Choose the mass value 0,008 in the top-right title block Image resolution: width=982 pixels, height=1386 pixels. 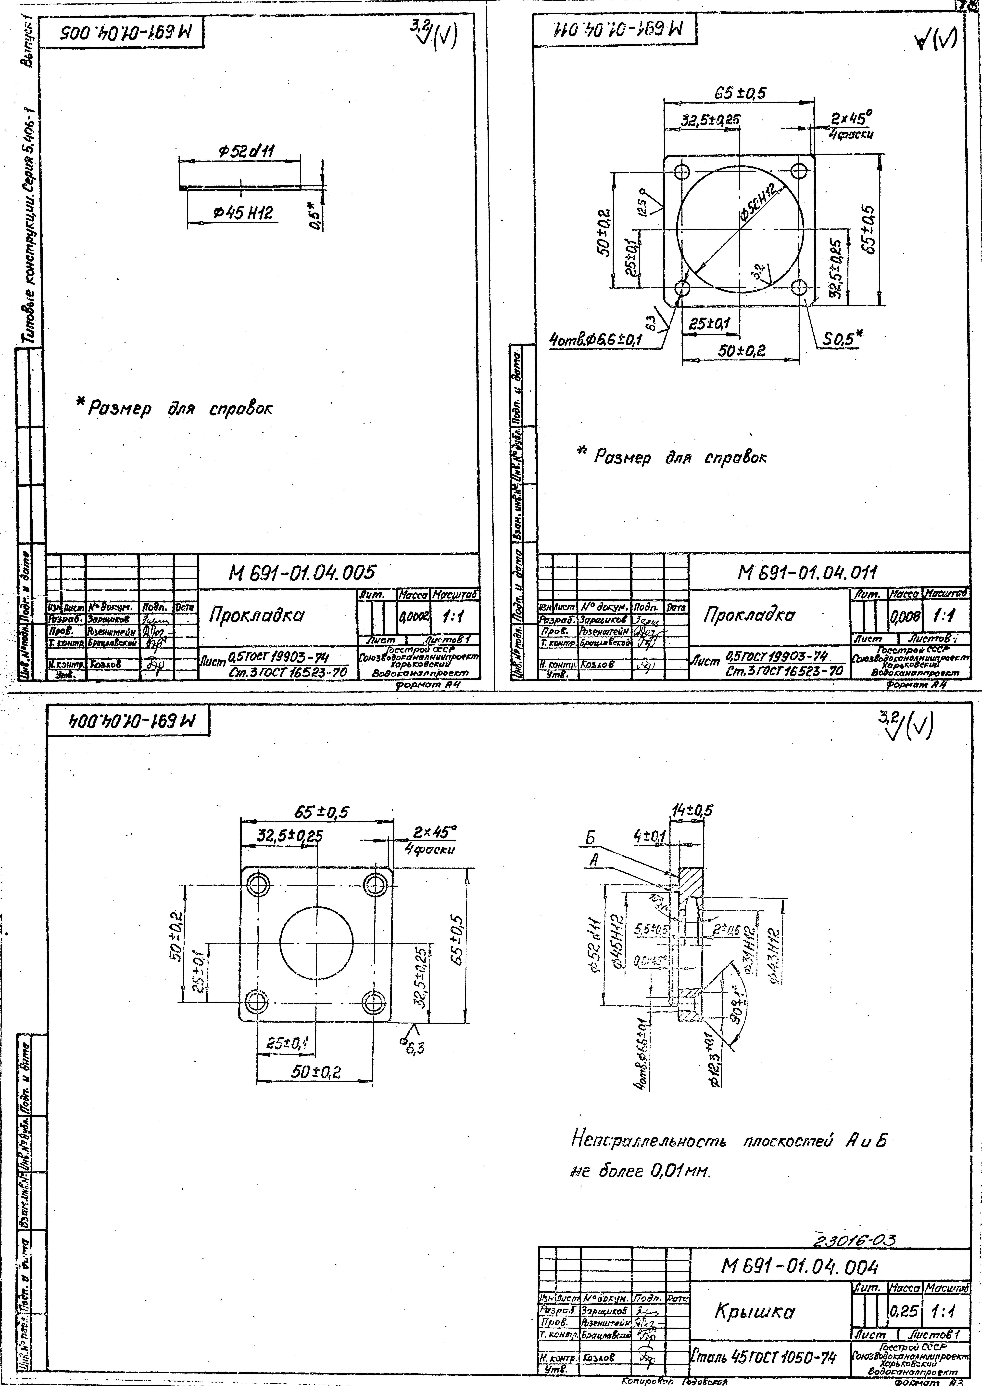click(x=905, y=617)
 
